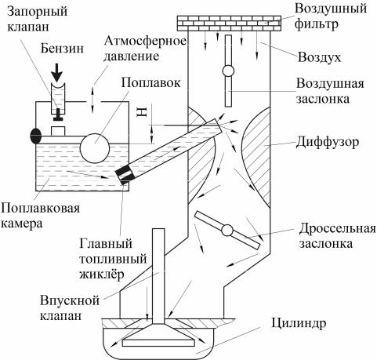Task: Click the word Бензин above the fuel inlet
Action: pos(62,49)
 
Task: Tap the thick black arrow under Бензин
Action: pos(57,74)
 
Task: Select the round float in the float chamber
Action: pos(94,148)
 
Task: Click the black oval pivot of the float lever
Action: pos(36,136)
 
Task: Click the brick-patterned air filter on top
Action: pos(229,24)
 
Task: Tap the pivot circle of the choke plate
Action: pos(228,71)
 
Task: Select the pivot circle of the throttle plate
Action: pos(227,231)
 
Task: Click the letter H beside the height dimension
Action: pos(142,112)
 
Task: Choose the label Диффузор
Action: pos(328,143)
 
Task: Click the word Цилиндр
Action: pos(299,324)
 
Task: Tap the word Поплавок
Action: pos(150,82)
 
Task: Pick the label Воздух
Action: pos(320,57)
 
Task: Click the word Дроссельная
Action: pos(338,228)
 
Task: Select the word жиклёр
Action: pos(101,275)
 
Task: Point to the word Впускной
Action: pos(70,300)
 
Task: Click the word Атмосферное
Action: pos(145,42)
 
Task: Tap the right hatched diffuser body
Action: pos(257,157)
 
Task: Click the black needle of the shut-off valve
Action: pos(58,115)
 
